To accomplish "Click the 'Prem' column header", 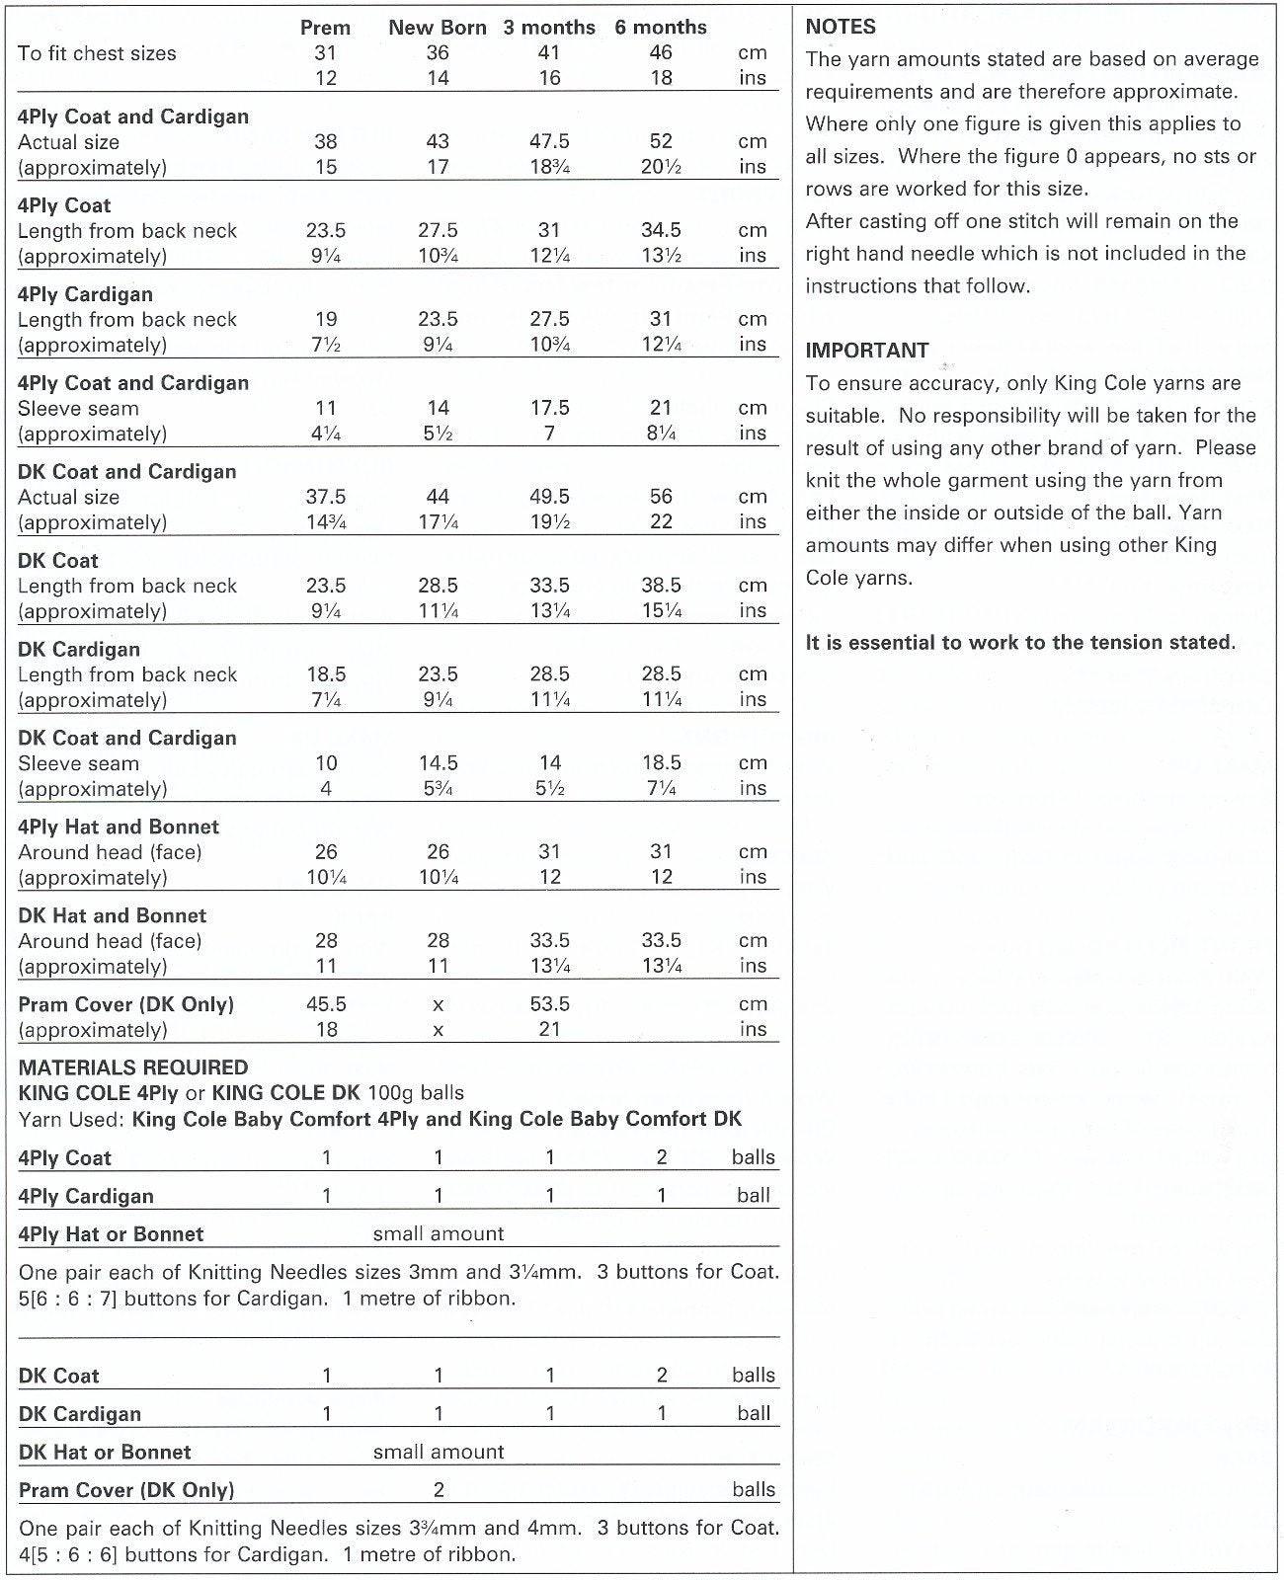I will (x=325, y=28).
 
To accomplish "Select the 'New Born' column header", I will (x=437, y=28).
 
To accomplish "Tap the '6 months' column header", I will (x=660, y=28).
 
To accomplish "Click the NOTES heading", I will (x=841, y=27).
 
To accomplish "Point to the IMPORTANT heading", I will (x=866, y=351).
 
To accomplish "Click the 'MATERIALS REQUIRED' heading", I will (x=132, y=1067).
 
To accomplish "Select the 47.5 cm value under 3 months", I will (x=549, y=141).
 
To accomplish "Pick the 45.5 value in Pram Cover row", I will (x=326, y=1004).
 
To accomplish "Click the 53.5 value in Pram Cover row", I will (x=549, y=1004).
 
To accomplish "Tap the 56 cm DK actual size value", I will (x=661, y=497).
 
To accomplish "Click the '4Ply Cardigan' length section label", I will (x=85, y=294).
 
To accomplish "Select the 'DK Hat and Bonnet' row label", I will (x=112, y=915).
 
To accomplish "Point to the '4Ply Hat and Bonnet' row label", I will (x=118, y=827).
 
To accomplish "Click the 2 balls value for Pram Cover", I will (x=438, y=1490).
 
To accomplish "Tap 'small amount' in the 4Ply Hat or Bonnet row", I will (x=438, y=1233).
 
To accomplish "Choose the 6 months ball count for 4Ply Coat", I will (x=661, y=1157).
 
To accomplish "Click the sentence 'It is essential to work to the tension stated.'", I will (x=1020, y=643).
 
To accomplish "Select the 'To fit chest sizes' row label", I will (x=97, y=53).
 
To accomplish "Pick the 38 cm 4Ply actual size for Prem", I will (x=326, y=141).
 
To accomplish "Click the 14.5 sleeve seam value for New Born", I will (x=438, y=763).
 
